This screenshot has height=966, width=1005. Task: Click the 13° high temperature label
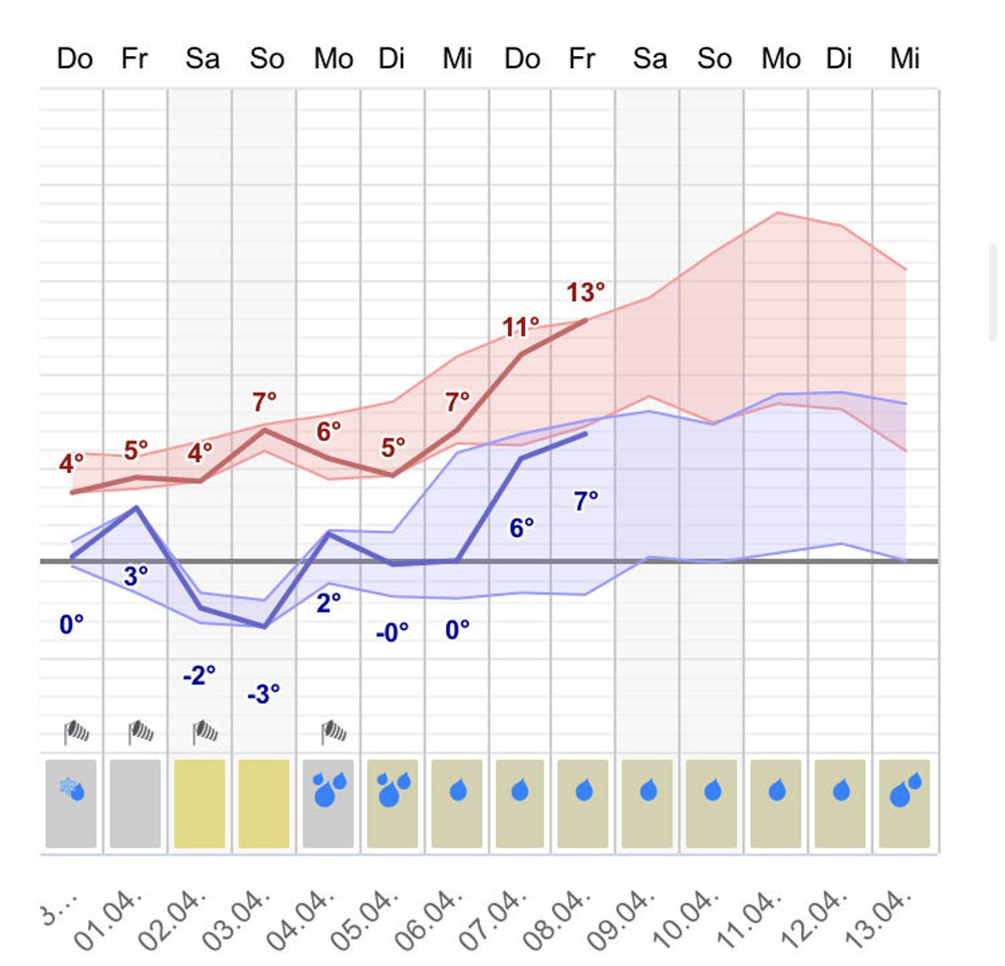click(585, 293)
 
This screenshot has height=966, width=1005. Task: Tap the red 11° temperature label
click(520, 327)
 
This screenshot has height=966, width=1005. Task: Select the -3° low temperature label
click(263, 694)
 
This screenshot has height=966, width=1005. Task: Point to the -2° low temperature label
click(199, 676)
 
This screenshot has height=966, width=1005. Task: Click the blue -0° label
click(392, 632)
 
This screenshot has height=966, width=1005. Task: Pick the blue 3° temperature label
click(136, 576)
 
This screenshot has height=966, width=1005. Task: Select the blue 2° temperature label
click(328, 603)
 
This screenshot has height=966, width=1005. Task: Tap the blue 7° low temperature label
click(585, 501)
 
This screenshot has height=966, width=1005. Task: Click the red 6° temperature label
click(328, 431)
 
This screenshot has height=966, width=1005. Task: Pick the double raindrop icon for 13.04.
click(905, 790)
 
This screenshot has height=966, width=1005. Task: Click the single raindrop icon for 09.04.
click(648, 790)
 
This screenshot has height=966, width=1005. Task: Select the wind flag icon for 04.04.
click(333, 732)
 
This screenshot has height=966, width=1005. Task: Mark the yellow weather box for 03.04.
click(264, 804)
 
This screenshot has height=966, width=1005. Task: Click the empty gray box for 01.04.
click(135, 804)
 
